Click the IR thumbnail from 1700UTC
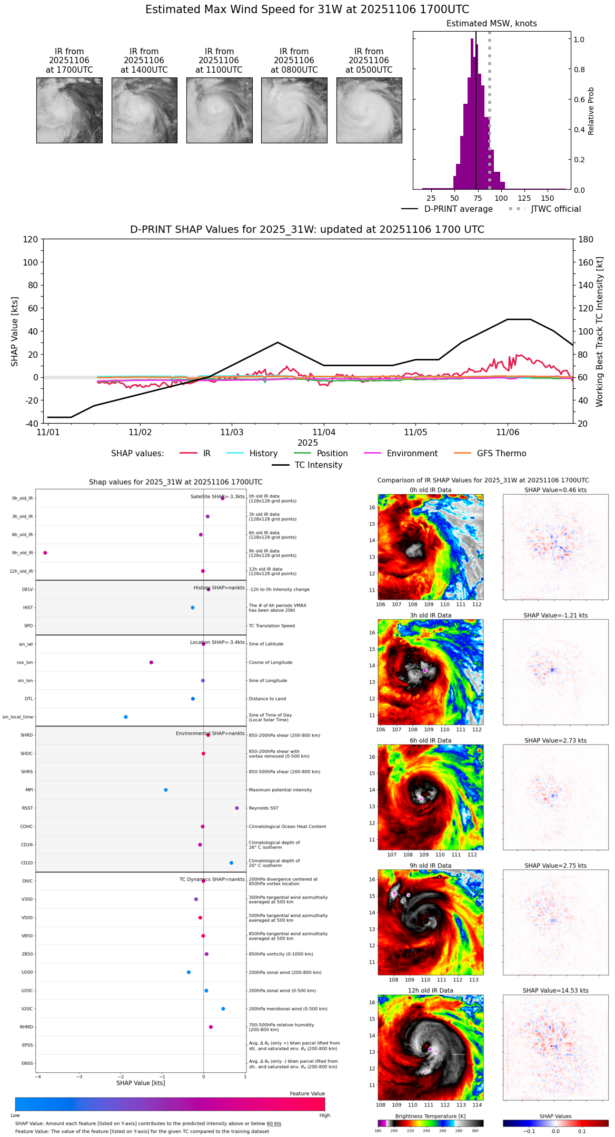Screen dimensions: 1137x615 coord(69,110)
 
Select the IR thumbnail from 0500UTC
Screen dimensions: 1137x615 coord(369,110)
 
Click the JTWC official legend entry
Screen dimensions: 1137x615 coord(556,209)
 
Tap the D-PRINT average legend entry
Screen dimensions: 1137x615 coord(458,209)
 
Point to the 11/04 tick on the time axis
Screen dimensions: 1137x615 coord(324,432)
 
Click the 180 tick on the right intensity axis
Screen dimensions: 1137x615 coord(586,239)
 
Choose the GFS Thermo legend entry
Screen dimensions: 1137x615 coord(501,454)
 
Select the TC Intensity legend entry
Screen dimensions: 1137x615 coord(318,465)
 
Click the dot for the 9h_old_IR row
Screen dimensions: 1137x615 coord(45,553)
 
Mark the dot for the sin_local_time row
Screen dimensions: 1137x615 coord(125,717)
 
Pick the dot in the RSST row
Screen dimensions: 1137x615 coord(237,808)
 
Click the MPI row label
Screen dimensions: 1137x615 coord(29,790)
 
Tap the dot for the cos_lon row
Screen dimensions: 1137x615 coord(151,662)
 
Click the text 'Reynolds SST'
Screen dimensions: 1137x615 coord(263,808)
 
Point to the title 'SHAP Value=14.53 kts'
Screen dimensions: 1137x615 coord(556,991)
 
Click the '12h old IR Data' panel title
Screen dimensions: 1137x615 coord(430,991)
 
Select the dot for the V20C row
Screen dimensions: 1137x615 coord(223,1009)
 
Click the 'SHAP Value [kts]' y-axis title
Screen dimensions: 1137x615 coord(15,331)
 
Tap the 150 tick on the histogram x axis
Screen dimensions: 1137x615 coord(548,199)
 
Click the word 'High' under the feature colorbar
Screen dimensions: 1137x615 coord(324,1115)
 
